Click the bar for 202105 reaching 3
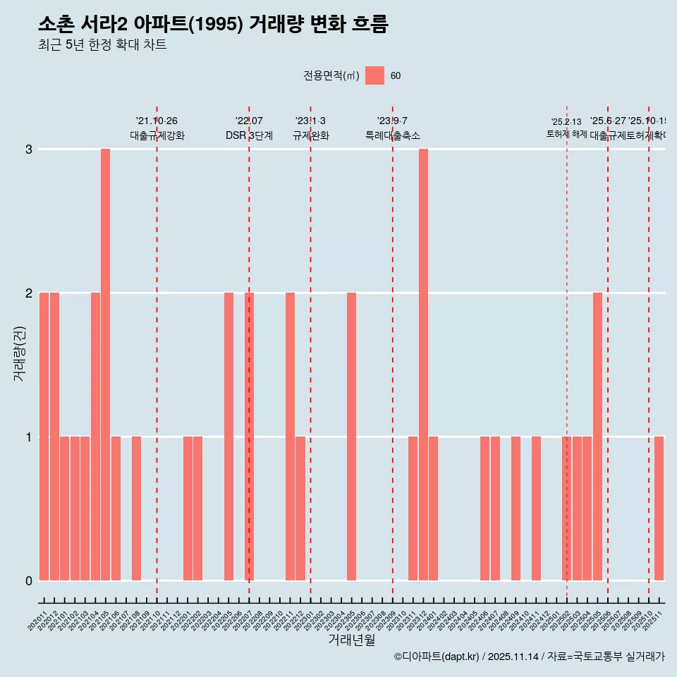(x=105, y=364)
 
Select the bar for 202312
(x=423, y=364)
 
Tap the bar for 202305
(x=351, y=436)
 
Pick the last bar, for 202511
(x=659, y=508)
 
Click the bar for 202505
(x=597, y=436)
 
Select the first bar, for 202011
(x=44, y=436)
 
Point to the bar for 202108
(x=136, y=508)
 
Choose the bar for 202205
(x=228, y=436)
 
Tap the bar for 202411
(x=536, y=508)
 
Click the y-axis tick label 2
(x=29, y=293)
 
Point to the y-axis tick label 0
(x=29, y=580)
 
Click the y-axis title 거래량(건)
(x=19, y=353)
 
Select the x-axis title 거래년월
(x=351, y=640)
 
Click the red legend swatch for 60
(x=374, y=75)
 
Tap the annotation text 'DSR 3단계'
(x=249, y=135)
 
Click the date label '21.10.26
(x=157, y=121)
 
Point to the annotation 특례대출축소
(x=392, y=135)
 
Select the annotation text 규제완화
(x=310, y=135)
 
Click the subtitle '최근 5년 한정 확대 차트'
(x=102, y=45)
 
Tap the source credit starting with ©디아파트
(x=529, y=657)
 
